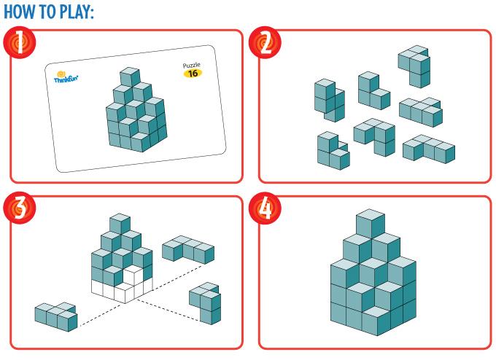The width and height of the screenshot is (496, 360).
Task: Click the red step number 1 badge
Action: (19, 42)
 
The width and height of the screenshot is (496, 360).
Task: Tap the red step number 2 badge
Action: (265, 42)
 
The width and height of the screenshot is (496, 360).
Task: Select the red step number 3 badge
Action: (19, 208)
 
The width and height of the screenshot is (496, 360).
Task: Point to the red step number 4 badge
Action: (265, 208)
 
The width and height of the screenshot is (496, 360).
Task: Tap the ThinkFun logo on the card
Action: (66, 77)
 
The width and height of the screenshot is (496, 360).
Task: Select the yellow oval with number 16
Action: (193, 74)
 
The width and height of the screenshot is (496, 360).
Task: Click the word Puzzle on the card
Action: (191, 65)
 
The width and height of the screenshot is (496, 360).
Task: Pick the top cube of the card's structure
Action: (130, 77)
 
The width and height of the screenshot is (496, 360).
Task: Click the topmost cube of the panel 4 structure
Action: (371, 223)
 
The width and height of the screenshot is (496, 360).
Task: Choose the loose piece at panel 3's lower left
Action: (56, 317)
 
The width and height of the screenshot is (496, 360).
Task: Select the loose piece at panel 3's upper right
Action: (188, 250)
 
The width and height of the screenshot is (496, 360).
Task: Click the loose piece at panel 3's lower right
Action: (205, 303)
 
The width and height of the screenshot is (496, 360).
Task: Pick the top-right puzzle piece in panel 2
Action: (414, 67)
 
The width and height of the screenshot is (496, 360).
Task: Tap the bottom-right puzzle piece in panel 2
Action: (429, 149)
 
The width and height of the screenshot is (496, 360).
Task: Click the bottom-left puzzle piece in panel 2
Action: (333, 151)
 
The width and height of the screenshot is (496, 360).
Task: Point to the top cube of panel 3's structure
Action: (120, 223)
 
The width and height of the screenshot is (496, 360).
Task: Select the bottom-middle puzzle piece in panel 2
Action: (375, 137)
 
